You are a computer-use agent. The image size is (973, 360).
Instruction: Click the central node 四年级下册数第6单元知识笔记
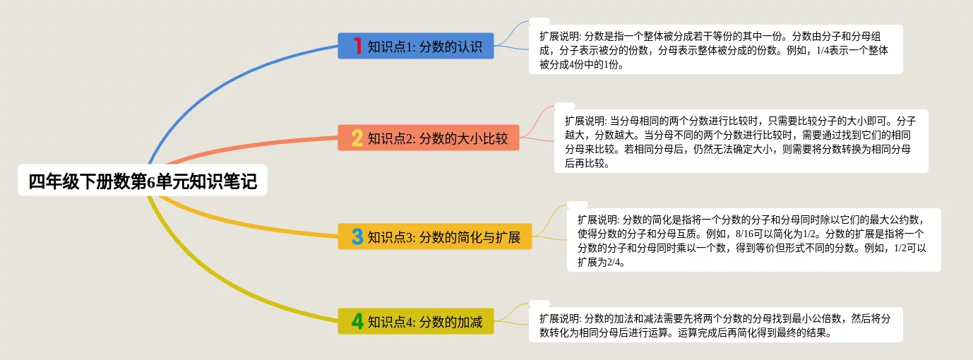(143, 182)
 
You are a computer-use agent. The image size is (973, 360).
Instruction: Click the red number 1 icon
(357, 47)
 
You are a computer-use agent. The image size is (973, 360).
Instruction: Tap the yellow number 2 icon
(357, 138)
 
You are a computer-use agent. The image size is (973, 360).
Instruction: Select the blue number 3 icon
(357, 236)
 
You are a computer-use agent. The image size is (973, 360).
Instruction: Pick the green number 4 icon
(357, 322)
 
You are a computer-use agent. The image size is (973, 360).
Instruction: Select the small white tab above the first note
(539, 21)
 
